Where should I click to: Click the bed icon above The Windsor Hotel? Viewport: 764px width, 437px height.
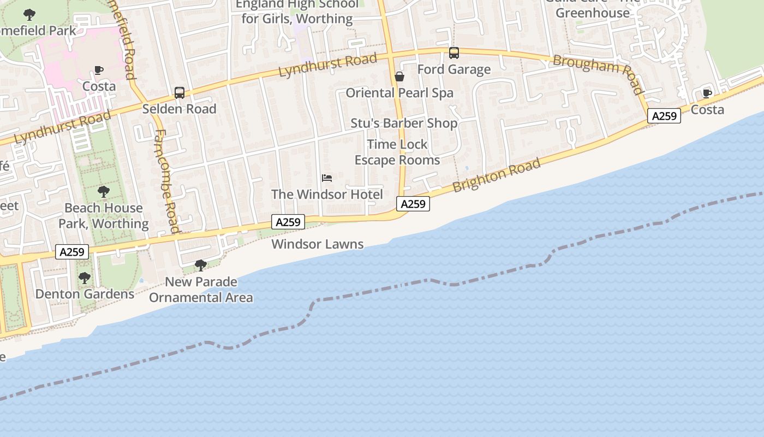(x=327, y=178)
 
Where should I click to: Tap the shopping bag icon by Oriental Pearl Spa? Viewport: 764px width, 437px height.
(x=399, y=76)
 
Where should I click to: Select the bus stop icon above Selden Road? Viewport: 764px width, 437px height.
(x=180, y=93)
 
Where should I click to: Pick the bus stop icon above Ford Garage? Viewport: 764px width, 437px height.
(x=454, y=53)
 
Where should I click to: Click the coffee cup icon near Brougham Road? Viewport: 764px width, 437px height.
(x=707, y=93)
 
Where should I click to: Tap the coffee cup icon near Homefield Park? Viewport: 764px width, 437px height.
(x=99, y=70)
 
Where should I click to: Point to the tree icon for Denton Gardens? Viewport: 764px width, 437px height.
(x=84, y=278)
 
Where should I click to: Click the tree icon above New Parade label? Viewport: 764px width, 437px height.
(x=201, y=265)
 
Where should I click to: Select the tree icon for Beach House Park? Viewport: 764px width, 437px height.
(x=103, y=192)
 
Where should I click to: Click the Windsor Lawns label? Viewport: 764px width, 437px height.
(x=318, y=244)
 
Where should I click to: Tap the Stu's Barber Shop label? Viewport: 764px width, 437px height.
(x=404, y=123)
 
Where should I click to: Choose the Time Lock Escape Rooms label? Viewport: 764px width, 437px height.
(x=397, y=152)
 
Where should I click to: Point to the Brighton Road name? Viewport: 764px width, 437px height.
(x=497, y=175)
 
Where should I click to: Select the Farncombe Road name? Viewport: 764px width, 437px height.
(x=166, y=180)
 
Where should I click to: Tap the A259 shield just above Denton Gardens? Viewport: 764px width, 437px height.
(x=72, y=252)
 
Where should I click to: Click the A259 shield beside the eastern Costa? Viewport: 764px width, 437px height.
(x=664, y=116)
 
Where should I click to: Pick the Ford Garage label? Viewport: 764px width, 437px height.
(x=454, y=70)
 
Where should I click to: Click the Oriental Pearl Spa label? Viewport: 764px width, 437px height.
(x=399, y=93)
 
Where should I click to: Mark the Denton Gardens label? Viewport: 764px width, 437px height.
(x=85, y=294)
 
